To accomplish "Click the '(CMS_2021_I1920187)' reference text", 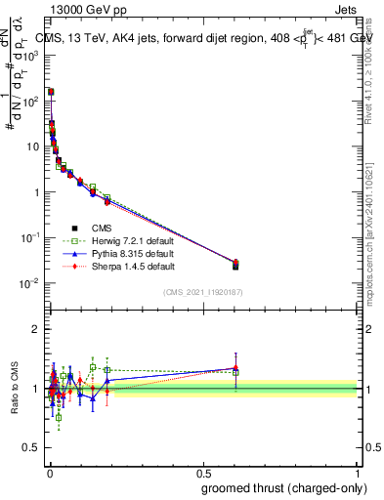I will point(202,291).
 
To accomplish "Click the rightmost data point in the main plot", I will point(235,265).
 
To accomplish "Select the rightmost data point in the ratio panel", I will point(235,369).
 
